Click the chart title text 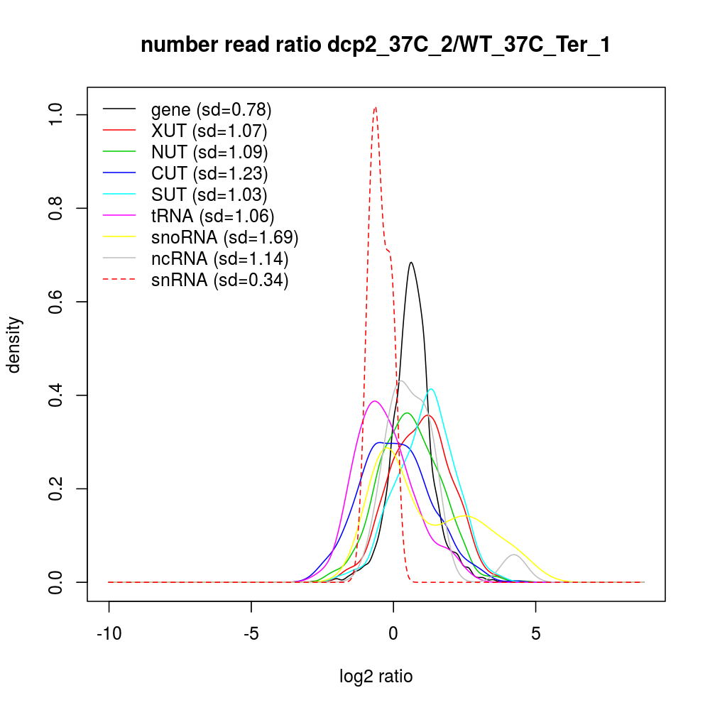376,45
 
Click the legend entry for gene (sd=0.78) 211,109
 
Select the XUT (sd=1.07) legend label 209,131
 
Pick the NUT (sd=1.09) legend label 209,152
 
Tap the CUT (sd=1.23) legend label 209,173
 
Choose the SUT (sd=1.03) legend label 209,195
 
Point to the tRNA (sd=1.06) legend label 212,216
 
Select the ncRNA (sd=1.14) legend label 219,258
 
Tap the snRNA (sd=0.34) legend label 219,280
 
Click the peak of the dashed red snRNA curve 375,108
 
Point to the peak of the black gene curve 410,263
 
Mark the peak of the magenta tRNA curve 375,401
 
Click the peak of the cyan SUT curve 430,389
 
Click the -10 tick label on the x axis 109,635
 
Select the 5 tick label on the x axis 535,635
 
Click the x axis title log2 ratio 376,676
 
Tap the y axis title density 16,344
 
